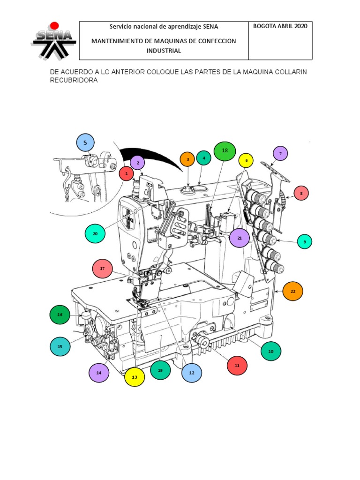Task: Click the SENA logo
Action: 53,41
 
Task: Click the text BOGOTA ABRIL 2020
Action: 280,26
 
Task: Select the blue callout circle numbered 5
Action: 85,143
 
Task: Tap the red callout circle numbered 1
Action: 126,174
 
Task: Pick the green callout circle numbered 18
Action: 225,151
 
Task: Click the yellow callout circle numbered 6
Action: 246,160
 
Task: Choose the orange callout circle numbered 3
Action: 187,159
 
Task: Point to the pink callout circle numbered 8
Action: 301,193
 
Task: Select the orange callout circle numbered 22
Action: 293,291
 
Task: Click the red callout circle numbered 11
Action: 237,365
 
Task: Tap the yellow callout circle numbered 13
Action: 135,377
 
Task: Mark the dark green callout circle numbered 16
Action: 60,315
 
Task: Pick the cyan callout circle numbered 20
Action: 95,233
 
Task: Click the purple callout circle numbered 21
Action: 240,238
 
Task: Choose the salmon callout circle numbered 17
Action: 103,269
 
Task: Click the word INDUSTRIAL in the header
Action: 164,51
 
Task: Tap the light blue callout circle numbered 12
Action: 192,373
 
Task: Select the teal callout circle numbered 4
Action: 204,158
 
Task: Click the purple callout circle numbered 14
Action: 99,373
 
